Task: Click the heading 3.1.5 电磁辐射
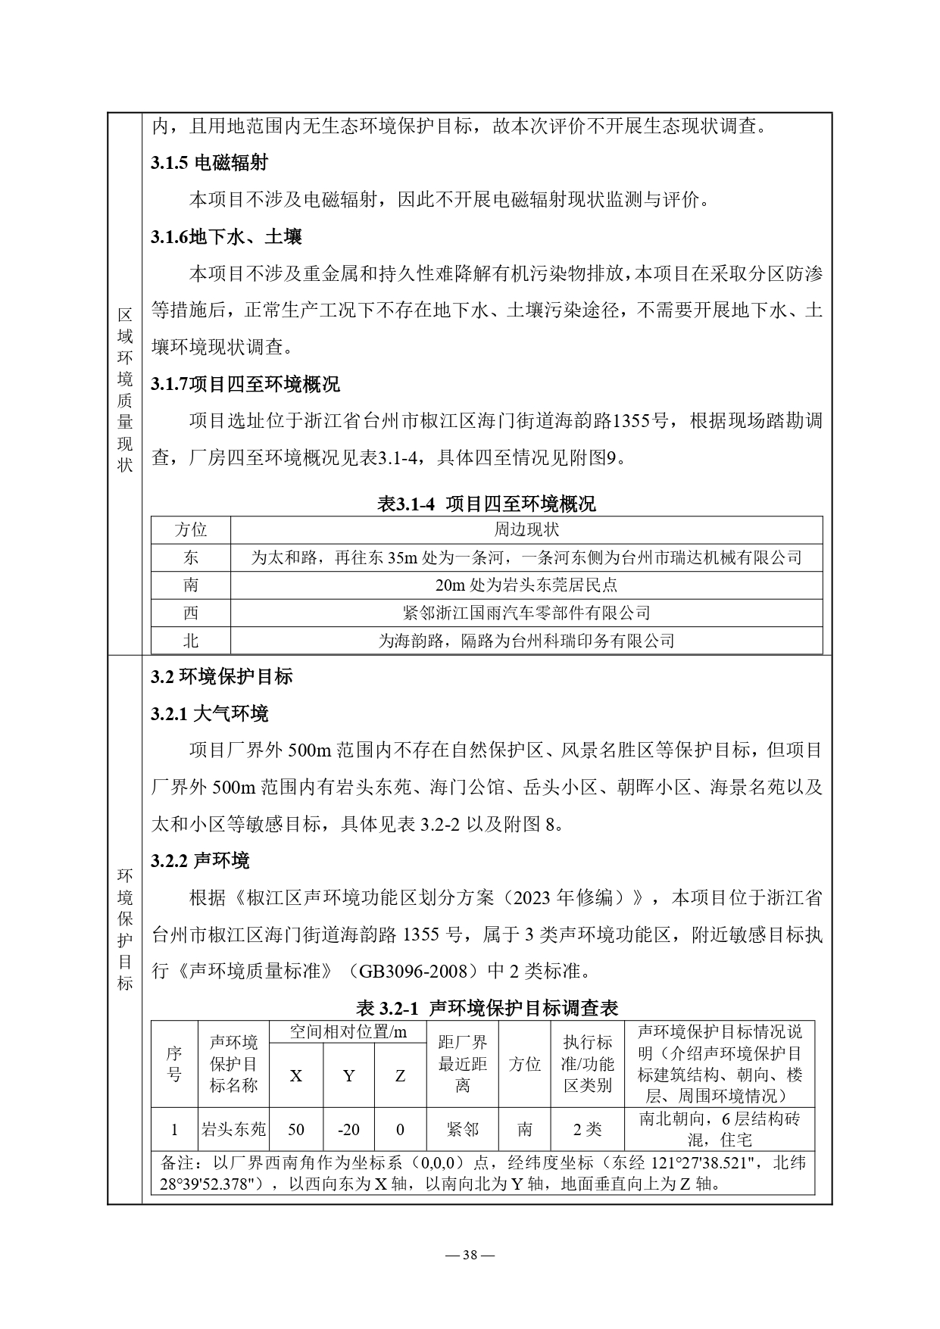pos(209,163)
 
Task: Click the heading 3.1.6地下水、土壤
pos(226,237)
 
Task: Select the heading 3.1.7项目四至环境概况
pos(245,385)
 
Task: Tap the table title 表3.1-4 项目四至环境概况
pos(486,504)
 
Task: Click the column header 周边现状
pos(526,529)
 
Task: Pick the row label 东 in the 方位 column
pos(191,557)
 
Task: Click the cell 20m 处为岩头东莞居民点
pos(526,585)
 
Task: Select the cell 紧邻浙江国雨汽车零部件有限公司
pos(526,613)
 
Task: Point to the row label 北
pos(191,641)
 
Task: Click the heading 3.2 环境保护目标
pos(221,677)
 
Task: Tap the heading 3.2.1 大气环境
pos(209,714)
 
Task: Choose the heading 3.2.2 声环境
pos(200,861)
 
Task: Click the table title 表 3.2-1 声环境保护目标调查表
pos(486,1008)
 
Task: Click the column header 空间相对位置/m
pos(348,1031)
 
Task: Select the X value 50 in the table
pos(296,1130)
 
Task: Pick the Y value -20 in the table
pos(348,1130)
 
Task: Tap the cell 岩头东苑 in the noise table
pos(233,1130)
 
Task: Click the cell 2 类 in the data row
pos(587,1130)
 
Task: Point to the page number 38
pos(470,1255)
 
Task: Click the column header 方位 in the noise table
pos(524,1064)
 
